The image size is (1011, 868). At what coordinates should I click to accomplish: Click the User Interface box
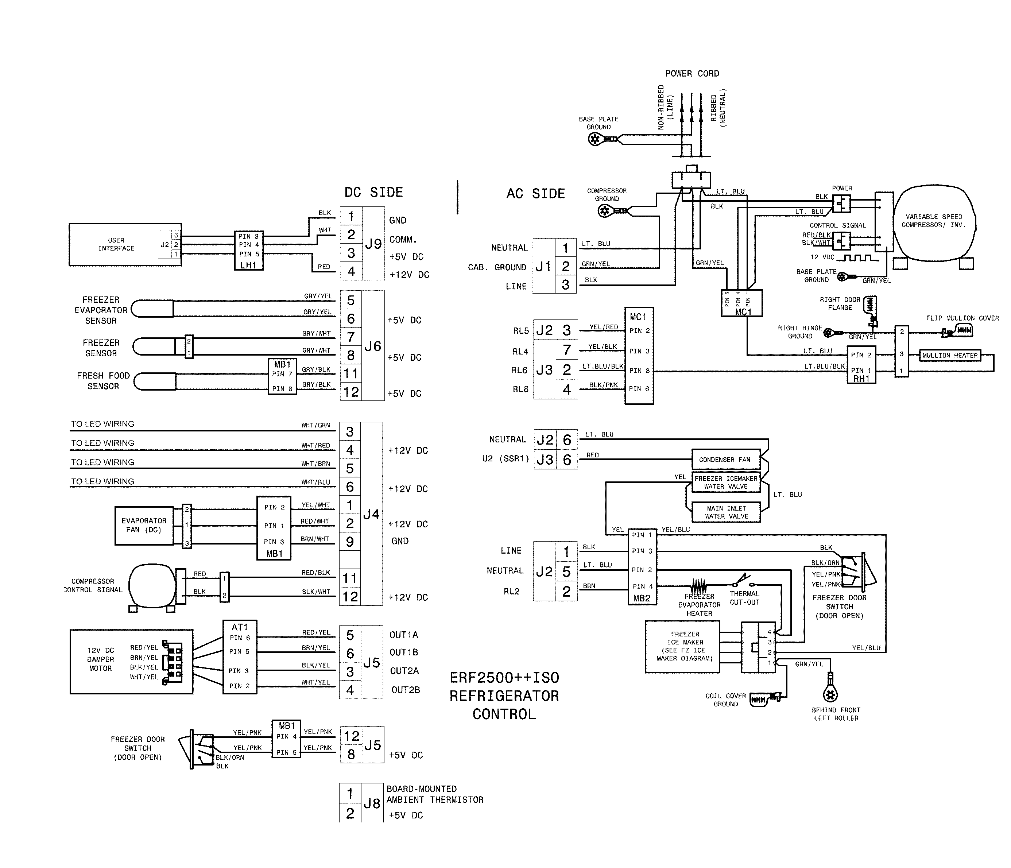(x=116, y=244)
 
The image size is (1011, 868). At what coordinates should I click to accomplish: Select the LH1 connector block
(x=248, y=250)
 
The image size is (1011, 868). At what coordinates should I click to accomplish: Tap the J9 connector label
(x=373, y=244)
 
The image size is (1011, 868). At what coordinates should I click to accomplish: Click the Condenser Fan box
(x=725, y=459)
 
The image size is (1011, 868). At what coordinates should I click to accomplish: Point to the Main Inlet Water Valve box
(x=726, y=512)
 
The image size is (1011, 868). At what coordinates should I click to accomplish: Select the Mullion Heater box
(x=949, y=355)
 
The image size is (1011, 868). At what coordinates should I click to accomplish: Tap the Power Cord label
(x=692, y=74)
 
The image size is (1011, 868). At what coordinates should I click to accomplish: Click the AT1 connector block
(x=240, y=657)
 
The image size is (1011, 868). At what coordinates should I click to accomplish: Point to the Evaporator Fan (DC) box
(x=144, y=525)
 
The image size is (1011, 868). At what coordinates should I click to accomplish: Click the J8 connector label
(x=372, y=803)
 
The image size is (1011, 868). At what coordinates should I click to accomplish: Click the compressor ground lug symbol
(x=605, y=211)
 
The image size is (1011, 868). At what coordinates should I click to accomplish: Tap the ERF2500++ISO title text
(x=504, y=677)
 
